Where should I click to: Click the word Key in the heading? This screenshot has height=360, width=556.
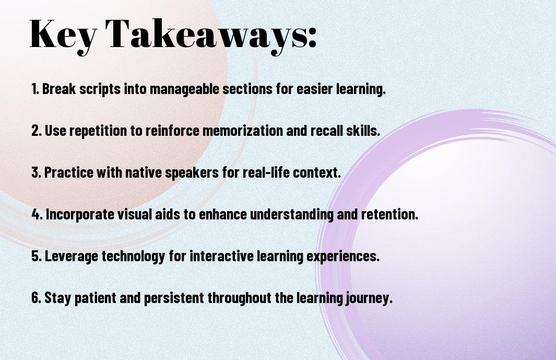[x=63, y=36]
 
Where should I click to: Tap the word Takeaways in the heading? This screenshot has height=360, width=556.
[x=204, y=36]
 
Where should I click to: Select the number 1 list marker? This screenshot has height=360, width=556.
[x=35, y=89]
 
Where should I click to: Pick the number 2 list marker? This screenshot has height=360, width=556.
[x=36, y=131]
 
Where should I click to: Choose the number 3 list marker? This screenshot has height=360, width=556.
[x=36, y=172]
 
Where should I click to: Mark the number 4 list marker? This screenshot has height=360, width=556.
[x=37, y=214]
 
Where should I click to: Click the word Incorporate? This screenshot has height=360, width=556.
[x=80, y=215]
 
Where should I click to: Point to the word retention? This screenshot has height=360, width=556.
[x=389, y=214]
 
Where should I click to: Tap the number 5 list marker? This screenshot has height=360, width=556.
[x=37, y=256]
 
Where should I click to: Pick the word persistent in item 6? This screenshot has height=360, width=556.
[x=174, y=298]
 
